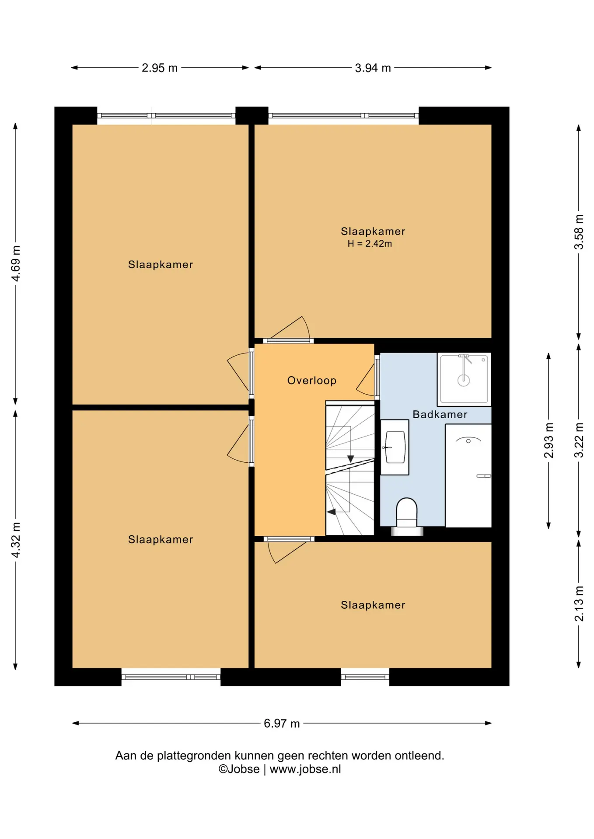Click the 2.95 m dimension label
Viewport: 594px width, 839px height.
pos(160,68)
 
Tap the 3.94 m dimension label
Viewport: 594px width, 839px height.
pos(373,68)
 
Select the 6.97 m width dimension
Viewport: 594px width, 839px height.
pos(282,723)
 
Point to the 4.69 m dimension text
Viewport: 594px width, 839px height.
pos(16,263)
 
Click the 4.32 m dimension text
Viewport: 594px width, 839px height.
pos(16,540)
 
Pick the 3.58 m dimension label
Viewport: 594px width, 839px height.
pos(579,232)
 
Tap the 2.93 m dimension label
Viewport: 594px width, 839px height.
pos(549,440)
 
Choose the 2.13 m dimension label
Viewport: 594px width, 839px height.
pos(579,603)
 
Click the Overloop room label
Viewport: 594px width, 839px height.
pos(312,381)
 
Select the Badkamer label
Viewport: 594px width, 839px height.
pos(440,414)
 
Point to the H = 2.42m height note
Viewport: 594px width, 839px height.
pos(370,244)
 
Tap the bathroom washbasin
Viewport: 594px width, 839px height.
pos(395,447)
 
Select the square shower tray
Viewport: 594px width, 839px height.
pos(464,379)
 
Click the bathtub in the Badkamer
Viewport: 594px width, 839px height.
pos(468,475)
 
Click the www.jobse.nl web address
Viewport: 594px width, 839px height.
pos(305,769)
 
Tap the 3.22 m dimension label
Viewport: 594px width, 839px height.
pos(579,440)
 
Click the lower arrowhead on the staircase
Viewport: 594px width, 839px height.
pos(331,512)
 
